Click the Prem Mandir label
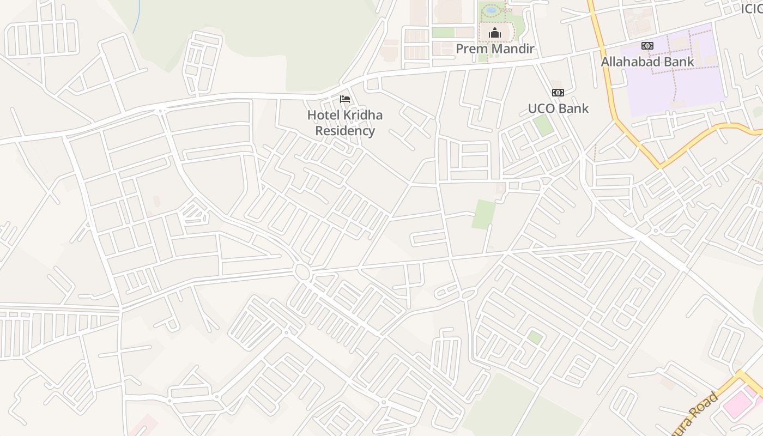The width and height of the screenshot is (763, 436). point(494,49)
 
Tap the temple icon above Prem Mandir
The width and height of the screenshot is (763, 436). point(494,33)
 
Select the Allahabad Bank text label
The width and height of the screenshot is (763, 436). point(647,62)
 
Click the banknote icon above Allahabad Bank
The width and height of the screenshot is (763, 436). point(647,46)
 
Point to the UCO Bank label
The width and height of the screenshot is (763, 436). point(558,108)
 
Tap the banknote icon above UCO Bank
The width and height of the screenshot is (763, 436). point(558,93)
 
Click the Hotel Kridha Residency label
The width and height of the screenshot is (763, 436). point(345,123)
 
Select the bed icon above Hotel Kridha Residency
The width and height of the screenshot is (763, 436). point(345,99)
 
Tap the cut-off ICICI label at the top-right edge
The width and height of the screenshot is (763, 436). point(752,9)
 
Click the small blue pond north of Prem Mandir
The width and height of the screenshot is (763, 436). point(491,10)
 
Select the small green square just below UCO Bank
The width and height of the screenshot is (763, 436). point(543,126)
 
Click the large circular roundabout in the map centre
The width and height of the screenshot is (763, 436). point(301,271)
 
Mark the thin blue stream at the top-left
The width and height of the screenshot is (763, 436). point(137,16)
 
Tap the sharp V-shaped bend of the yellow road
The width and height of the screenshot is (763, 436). point(661,165)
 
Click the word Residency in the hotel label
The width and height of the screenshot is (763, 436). point(345,131)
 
